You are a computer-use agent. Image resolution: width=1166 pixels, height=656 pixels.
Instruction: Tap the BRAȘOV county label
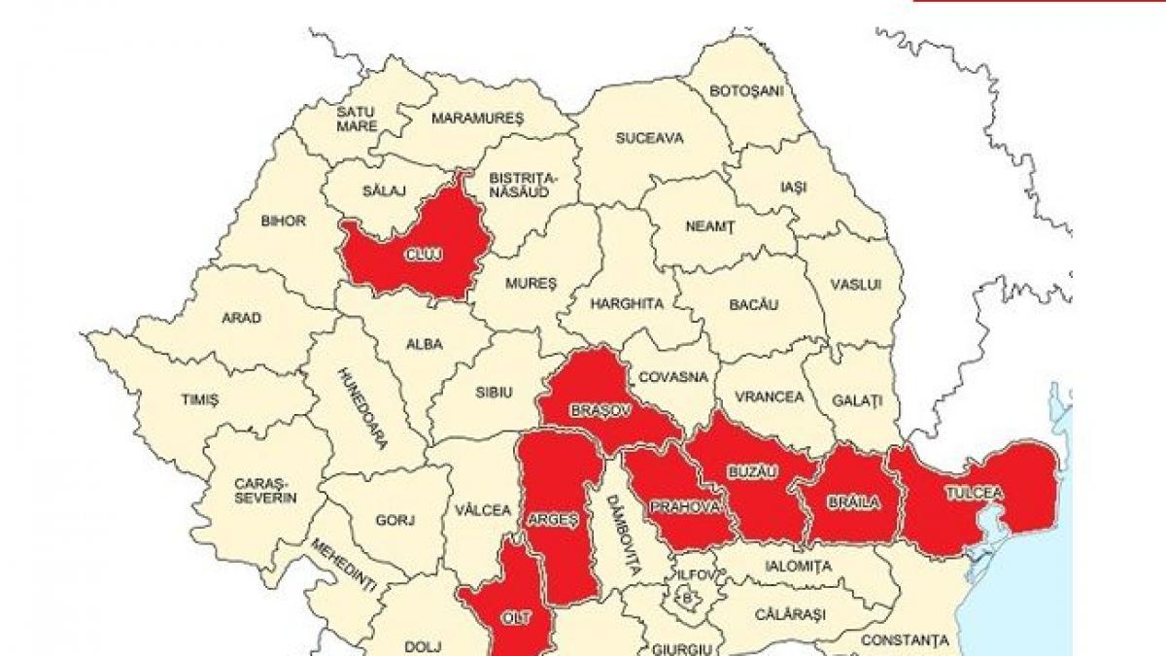(600, 412)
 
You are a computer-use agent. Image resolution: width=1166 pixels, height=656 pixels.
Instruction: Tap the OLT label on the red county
(516, 617)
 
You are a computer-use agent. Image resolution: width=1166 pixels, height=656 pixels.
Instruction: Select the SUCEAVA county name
(649, 138)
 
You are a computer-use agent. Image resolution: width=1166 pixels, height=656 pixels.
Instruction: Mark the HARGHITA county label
(628, 303)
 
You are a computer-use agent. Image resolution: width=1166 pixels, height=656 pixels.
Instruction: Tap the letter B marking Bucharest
(688, 598)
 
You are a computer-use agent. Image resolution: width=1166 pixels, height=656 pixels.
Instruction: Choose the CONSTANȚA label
(905, 640)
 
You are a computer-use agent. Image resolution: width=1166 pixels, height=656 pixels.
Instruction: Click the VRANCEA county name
(770, 397)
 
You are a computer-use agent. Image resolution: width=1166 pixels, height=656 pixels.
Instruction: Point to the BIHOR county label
(283, 221)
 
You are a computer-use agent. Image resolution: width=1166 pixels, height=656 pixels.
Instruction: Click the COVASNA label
(673, 377)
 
